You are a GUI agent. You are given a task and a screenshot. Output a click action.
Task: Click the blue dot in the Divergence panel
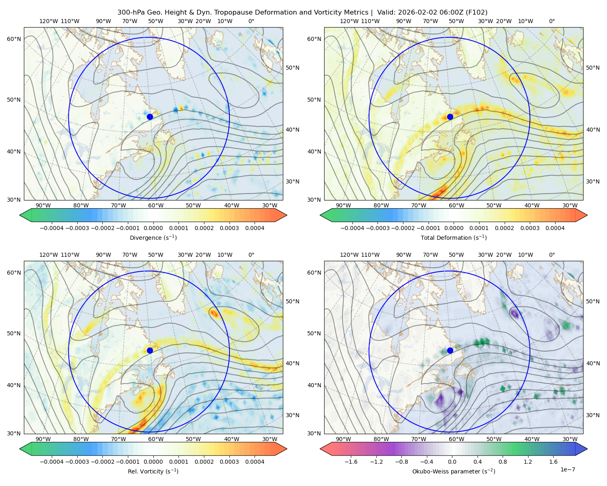click(x=150, y=117)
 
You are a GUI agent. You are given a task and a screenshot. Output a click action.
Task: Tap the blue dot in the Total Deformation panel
click(x=450, y=117)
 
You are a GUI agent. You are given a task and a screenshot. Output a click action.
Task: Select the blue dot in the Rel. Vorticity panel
click(x=150, y=350)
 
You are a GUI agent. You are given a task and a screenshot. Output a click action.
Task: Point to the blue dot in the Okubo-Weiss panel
click(x=450, y=350)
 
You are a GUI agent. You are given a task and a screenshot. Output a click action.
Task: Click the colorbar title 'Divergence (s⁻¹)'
click(x=153, y=237)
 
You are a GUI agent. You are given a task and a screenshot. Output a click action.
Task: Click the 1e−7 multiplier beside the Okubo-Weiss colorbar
click(x=567, y=469)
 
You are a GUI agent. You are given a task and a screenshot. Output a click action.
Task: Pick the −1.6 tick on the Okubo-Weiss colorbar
click(x=351, y=461)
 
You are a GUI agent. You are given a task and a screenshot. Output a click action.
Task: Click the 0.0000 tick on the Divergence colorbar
click(x=153, y=228)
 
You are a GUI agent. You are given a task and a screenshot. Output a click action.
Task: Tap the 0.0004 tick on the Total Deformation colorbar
click(x=555, y=228)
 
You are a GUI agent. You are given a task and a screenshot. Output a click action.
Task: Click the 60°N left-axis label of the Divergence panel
click(x=14, y=39)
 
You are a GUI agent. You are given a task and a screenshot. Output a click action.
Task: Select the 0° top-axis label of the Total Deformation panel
click(x=552, y=21)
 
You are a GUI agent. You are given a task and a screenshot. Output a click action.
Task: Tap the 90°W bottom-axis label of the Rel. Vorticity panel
click(x=43, y=439)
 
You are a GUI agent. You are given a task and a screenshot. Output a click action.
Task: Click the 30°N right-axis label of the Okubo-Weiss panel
click(x=593, y=415)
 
